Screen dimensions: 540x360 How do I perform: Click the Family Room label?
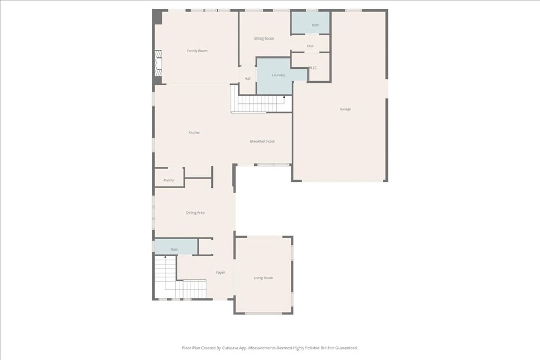[x=197, y=51]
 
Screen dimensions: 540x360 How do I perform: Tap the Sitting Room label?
[x=264, y=38]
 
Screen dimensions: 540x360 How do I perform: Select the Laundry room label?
[x=278, y=75]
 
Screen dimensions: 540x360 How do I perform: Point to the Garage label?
[x=345, y=109]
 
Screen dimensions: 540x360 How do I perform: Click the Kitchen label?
[x=194, y=132]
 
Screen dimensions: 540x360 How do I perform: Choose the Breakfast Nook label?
[x=263, y=141]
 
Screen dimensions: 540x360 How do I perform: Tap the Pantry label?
[x=169, y=180]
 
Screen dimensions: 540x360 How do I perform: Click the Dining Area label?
[x=195, y=213]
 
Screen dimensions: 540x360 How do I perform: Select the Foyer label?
[x=220, y=272]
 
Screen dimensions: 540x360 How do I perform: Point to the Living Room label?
[x=263, y=278]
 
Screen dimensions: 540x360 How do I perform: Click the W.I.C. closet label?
[x=313, y=68]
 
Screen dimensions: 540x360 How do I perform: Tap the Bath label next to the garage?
[x=315, y=25]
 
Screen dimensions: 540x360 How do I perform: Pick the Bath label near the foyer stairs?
[x=175, y=249]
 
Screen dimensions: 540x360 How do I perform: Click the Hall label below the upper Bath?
[x=310, y=46]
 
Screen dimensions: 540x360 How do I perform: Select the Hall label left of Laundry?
[x=248, y=79]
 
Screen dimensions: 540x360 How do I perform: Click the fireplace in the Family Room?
[x=158, y=63]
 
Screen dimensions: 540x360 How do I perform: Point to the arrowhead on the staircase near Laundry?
[x=284, y=98]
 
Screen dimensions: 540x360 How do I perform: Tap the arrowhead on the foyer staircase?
[x=165, y=257]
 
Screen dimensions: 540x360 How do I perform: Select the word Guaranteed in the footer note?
[x=347, y=348]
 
